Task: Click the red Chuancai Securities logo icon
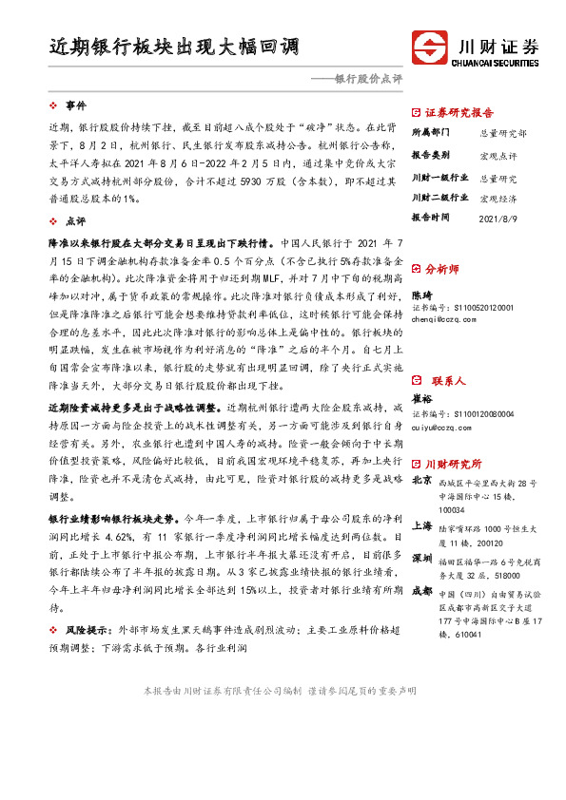pos(430,48)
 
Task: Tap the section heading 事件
pos(75,105)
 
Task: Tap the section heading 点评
pos(75,220)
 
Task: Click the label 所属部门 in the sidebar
pos(430,133)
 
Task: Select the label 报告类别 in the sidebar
pos(430,155)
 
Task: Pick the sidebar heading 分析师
pos(443,269)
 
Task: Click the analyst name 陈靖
pos(421,295)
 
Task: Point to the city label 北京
pos(421,481)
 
